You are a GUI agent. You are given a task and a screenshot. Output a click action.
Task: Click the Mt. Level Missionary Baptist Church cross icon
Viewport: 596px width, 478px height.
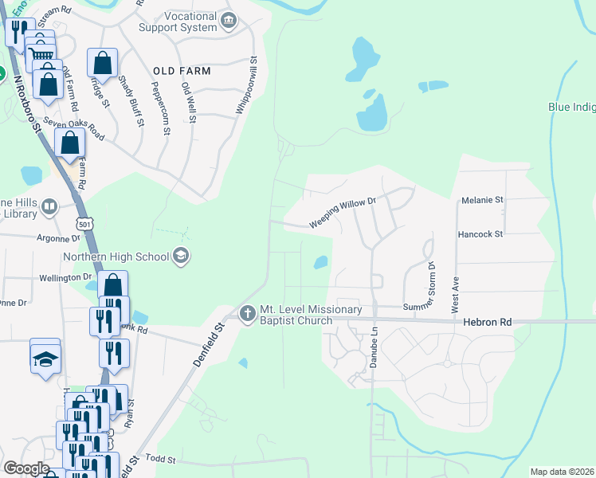point(248,311)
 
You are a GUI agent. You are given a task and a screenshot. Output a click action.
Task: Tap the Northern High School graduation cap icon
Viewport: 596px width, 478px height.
point(181,256)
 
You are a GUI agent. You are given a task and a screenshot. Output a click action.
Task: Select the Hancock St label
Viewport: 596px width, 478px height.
point(480,234)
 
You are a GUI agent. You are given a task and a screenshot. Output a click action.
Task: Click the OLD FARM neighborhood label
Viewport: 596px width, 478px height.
point(182,71)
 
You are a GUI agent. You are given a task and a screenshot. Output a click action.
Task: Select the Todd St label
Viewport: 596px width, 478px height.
point(160,460)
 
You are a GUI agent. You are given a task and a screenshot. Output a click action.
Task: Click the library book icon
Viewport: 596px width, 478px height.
point(49,208)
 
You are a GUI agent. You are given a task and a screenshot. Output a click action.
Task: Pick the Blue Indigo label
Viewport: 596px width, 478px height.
point(571,107)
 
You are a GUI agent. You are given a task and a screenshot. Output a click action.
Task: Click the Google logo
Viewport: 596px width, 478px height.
point(26,468)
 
